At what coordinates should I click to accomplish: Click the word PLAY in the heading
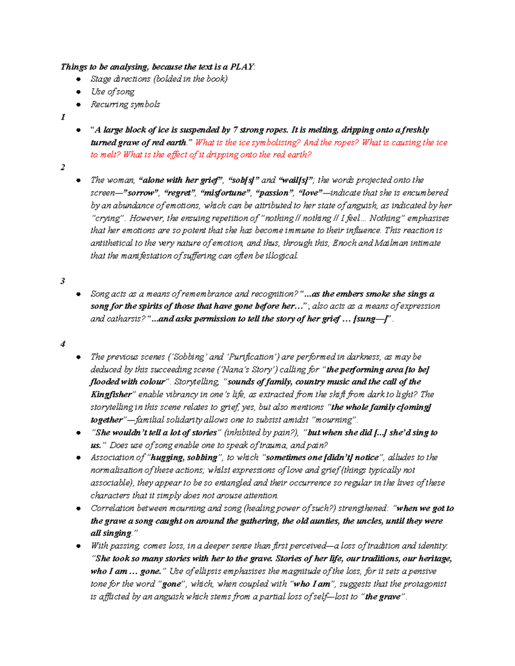242,66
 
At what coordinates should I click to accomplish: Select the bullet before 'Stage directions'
78,79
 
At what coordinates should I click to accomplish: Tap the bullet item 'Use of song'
112,92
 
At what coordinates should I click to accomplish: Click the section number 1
63,117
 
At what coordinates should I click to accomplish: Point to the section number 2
63,167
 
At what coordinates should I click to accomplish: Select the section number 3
63,281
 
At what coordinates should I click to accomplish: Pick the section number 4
63,344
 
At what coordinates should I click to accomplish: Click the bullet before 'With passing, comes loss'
78,546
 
